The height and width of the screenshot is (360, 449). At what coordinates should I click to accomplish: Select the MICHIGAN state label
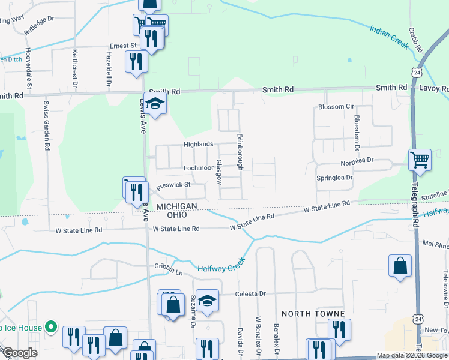[x=177, y=206]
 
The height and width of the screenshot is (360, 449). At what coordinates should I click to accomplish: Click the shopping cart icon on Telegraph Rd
[x=420, y=160]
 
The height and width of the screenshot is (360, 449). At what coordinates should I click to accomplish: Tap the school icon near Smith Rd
[x=155, y=104]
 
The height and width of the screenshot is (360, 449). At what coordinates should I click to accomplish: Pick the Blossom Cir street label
[x=336, y=107]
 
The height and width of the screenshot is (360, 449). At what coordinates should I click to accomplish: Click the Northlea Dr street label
[x=357, y=161]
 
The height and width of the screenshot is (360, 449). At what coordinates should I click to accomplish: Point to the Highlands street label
[x=199, y=144]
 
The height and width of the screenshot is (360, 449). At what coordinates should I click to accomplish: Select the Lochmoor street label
[x=198, y=168]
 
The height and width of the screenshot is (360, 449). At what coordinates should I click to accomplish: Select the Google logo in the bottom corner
[x=19, y=353]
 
